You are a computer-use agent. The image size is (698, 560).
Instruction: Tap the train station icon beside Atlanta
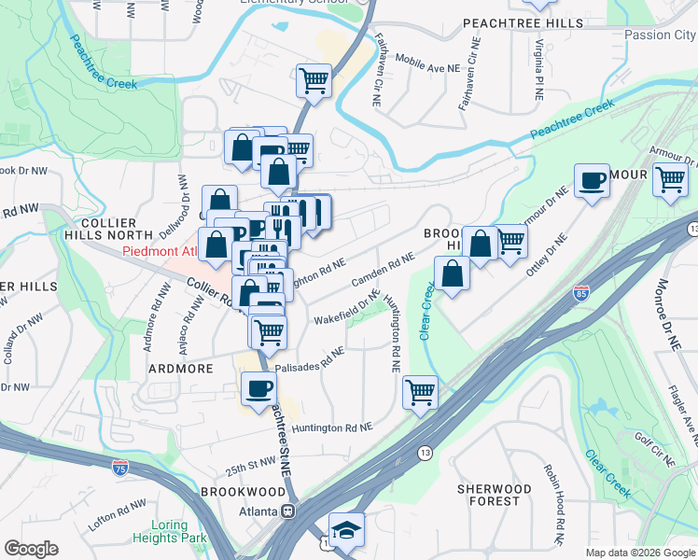tap(288, 511)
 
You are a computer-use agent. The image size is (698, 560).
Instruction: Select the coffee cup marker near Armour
tap(591, 180)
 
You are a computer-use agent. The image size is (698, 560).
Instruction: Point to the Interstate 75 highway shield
tap(119, 464)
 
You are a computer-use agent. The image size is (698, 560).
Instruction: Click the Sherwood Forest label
tap(494, 495)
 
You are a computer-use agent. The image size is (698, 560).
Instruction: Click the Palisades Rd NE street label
tap(309, 359)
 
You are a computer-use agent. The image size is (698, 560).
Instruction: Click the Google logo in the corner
tap(31, 549)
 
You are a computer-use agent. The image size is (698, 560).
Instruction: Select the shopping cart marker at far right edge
tap(671, 180)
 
